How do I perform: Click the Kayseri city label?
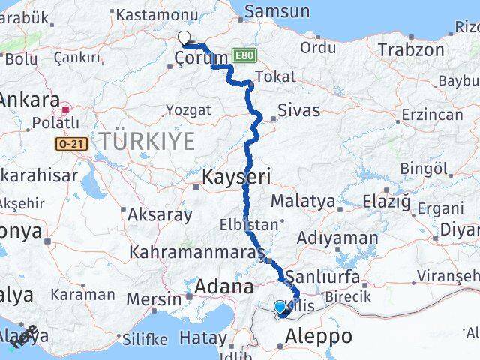[x=236, y=178]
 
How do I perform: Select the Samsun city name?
[x=277, y=11]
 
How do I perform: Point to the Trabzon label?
[x=411, y=50]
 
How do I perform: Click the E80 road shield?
[x=244, y=55]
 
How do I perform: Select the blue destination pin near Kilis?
[x=280, y=307]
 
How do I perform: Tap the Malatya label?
[x=303, y=201]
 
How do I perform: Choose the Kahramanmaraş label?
[x=196, y=250]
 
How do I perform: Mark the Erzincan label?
[x=432, y=114]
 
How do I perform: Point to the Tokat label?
[x=275, y=76]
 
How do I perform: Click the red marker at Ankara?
[x=65, y=109]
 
